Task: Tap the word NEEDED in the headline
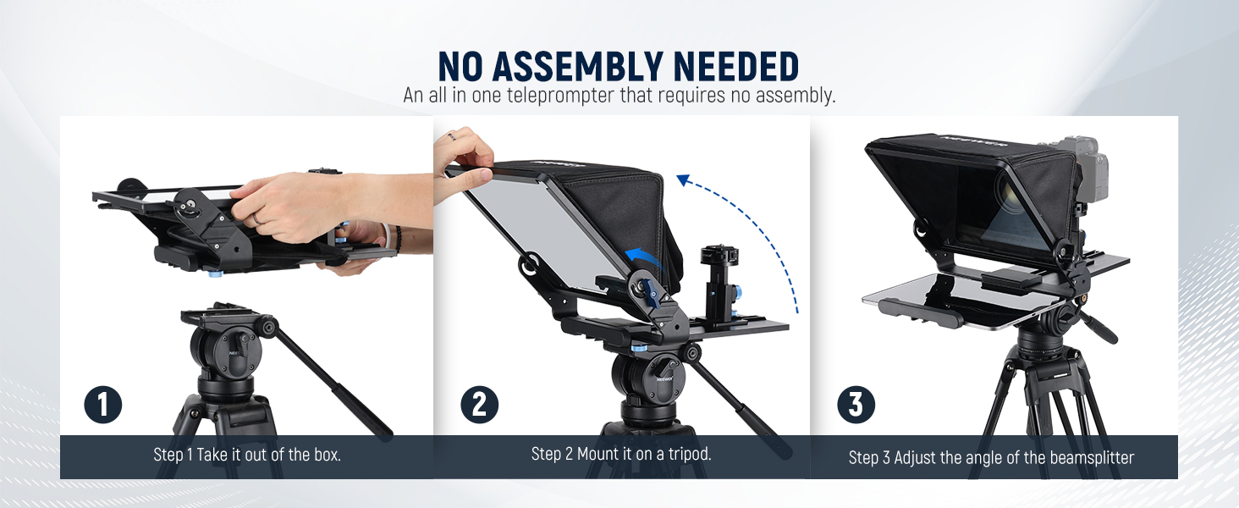(x=735, y=66)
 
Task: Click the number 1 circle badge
(x=103, y=405)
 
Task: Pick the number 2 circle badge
(x=480, y=405)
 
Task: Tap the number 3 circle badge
(x=856, y=405)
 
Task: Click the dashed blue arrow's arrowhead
(x=684, y=180)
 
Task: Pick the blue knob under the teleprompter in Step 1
(x=214, y=274)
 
